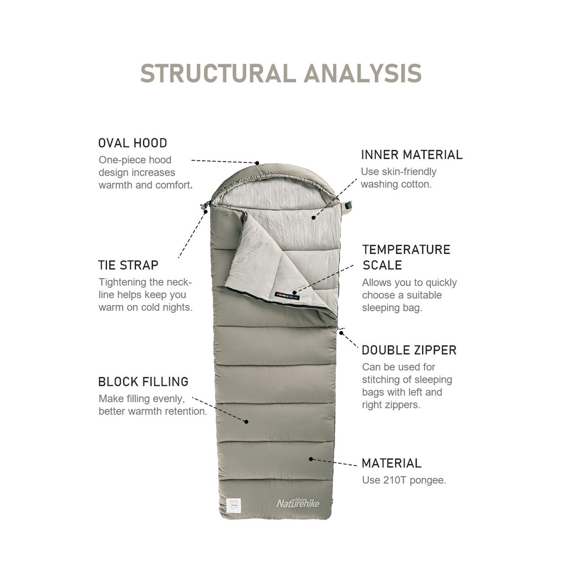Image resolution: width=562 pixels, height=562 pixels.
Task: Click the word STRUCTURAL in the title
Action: coord(218,74)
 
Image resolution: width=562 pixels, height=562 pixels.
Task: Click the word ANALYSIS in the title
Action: coord(363,74)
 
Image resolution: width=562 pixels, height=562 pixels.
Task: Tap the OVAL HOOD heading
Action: coord(132,143)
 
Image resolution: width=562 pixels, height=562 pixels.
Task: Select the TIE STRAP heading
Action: coord(128,265)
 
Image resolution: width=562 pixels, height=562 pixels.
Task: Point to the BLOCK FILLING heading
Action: coord(143,381)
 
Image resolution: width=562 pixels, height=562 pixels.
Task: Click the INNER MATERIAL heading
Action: coord(412,155)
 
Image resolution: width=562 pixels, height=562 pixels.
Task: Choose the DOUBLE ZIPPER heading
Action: coord(409,350)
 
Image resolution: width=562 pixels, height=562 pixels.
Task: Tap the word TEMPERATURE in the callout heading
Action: coord(406,250)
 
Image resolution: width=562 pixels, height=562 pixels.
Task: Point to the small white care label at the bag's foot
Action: coord(234,505)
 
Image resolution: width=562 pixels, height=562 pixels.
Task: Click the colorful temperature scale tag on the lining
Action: coord(286,296)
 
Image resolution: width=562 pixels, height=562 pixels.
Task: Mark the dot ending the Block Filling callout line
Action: coord(246,421)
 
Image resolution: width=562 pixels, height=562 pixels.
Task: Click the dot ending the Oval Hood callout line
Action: coord(257,162)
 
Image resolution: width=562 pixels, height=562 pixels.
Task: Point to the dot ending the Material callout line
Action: coord(311,458)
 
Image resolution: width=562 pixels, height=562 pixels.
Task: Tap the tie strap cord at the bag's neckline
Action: coord(205,207)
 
